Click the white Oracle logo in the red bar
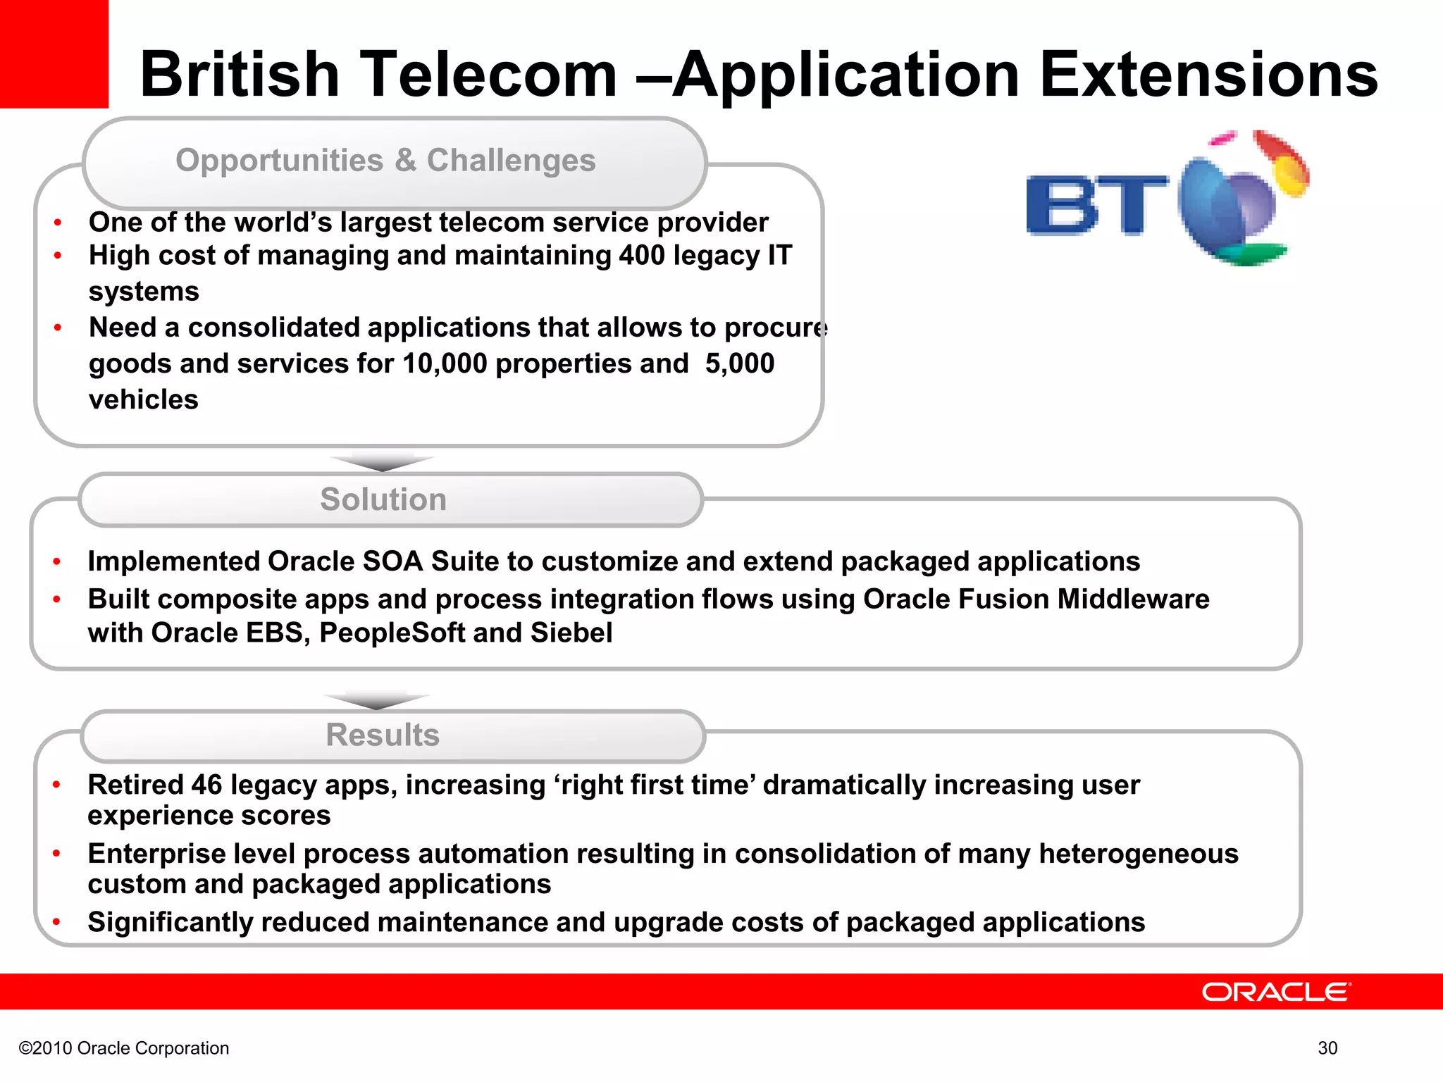point(1276,992)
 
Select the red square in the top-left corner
point(54,54)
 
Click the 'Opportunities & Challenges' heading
point(385,161)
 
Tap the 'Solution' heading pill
point(384,499)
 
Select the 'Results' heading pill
point(383,735)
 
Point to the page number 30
point(1327,1048)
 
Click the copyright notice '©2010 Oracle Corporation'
point(124,1048)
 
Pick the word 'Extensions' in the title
point(1208,75)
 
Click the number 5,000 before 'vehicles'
point(740,363)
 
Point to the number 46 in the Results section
point(206,785)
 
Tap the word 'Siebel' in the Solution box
point(571,633)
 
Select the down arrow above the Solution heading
point(382,463)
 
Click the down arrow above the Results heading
point(377,701)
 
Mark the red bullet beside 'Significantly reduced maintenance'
point(57,922)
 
